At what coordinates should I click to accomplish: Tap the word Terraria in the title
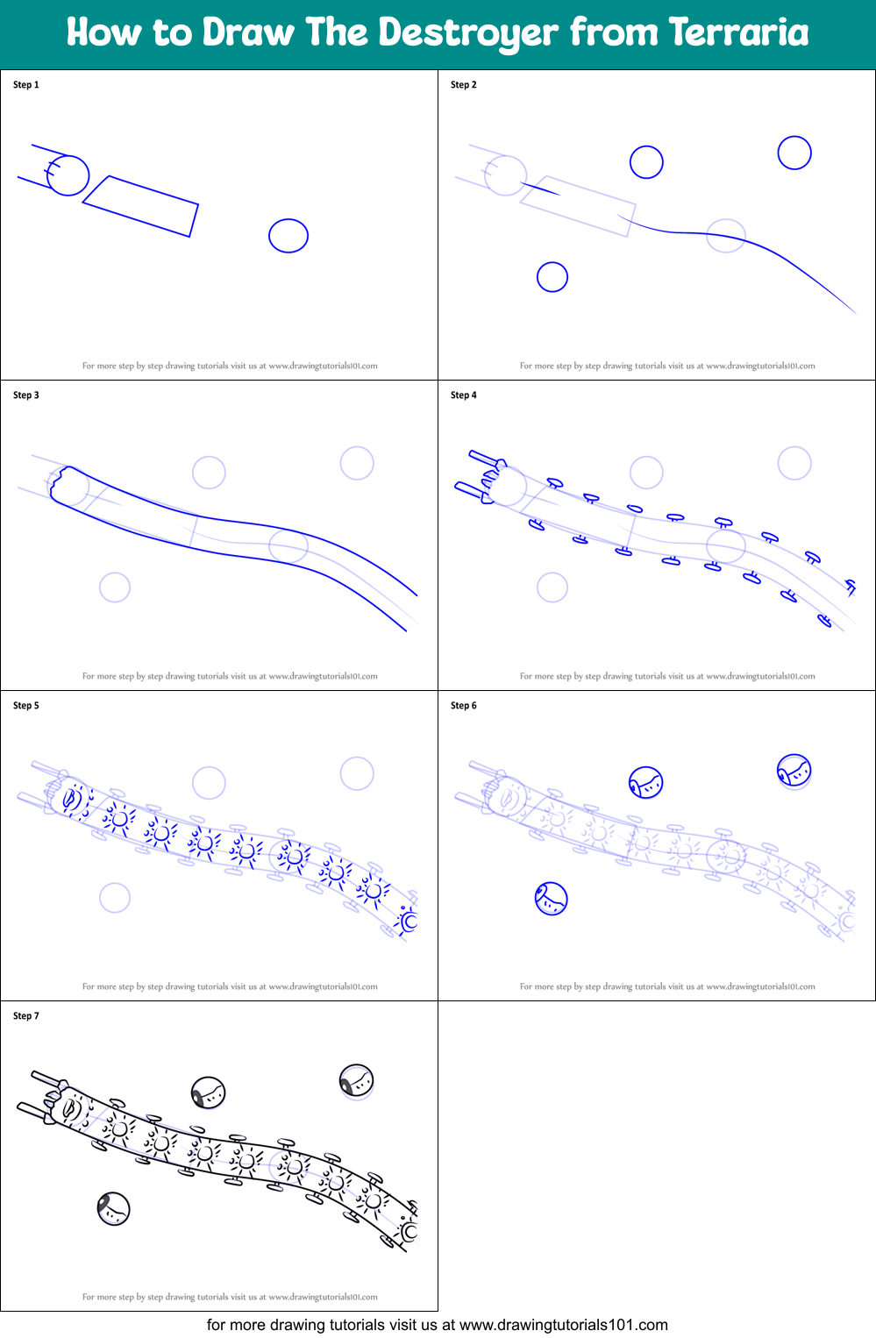pyautogui.click(x=738, y=32)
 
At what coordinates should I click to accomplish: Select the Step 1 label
pyautogui.click(x=26, y=85)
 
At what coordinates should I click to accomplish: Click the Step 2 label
pyautogui.click(x=464, y=85)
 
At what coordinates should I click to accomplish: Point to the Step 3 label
pyautogui.click(x=26, y=395)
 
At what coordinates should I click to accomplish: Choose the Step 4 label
pyautogui.click(x=464, y=395)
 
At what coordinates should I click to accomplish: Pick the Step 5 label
pyautogui.click(x=26, y=706)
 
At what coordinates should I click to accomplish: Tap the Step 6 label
pyautogui.click(x=464, y=706)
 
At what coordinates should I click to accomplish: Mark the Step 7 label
pyautogui.click(x=26, y=1016)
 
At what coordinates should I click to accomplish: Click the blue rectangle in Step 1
pyautogui.click(x=140, y=206)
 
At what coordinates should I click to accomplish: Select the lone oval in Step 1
pyautogui.click(x=288, y=236)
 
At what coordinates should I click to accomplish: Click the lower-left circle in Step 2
pyautogui.click(x=552, y=277)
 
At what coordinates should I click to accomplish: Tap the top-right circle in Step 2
pyautogui.click(x=794, y=153)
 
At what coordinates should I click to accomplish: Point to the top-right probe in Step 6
pyautogui.click(x=794, y=771)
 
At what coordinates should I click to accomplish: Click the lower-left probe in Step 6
pyautogui.click(x=552, y=899)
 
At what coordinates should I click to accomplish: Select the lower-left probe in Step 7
pyautogui.click(x=114, y=1209)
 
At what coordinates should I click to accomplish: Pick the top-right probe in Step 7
pyautogui.click(x=357, y=1081)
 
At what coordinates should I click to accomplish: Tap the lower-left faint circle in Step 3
pyautogui.click(x=115, y=587)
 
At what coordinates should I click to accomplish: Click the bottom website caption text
pyautogui.click(x=438, y=1325)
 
